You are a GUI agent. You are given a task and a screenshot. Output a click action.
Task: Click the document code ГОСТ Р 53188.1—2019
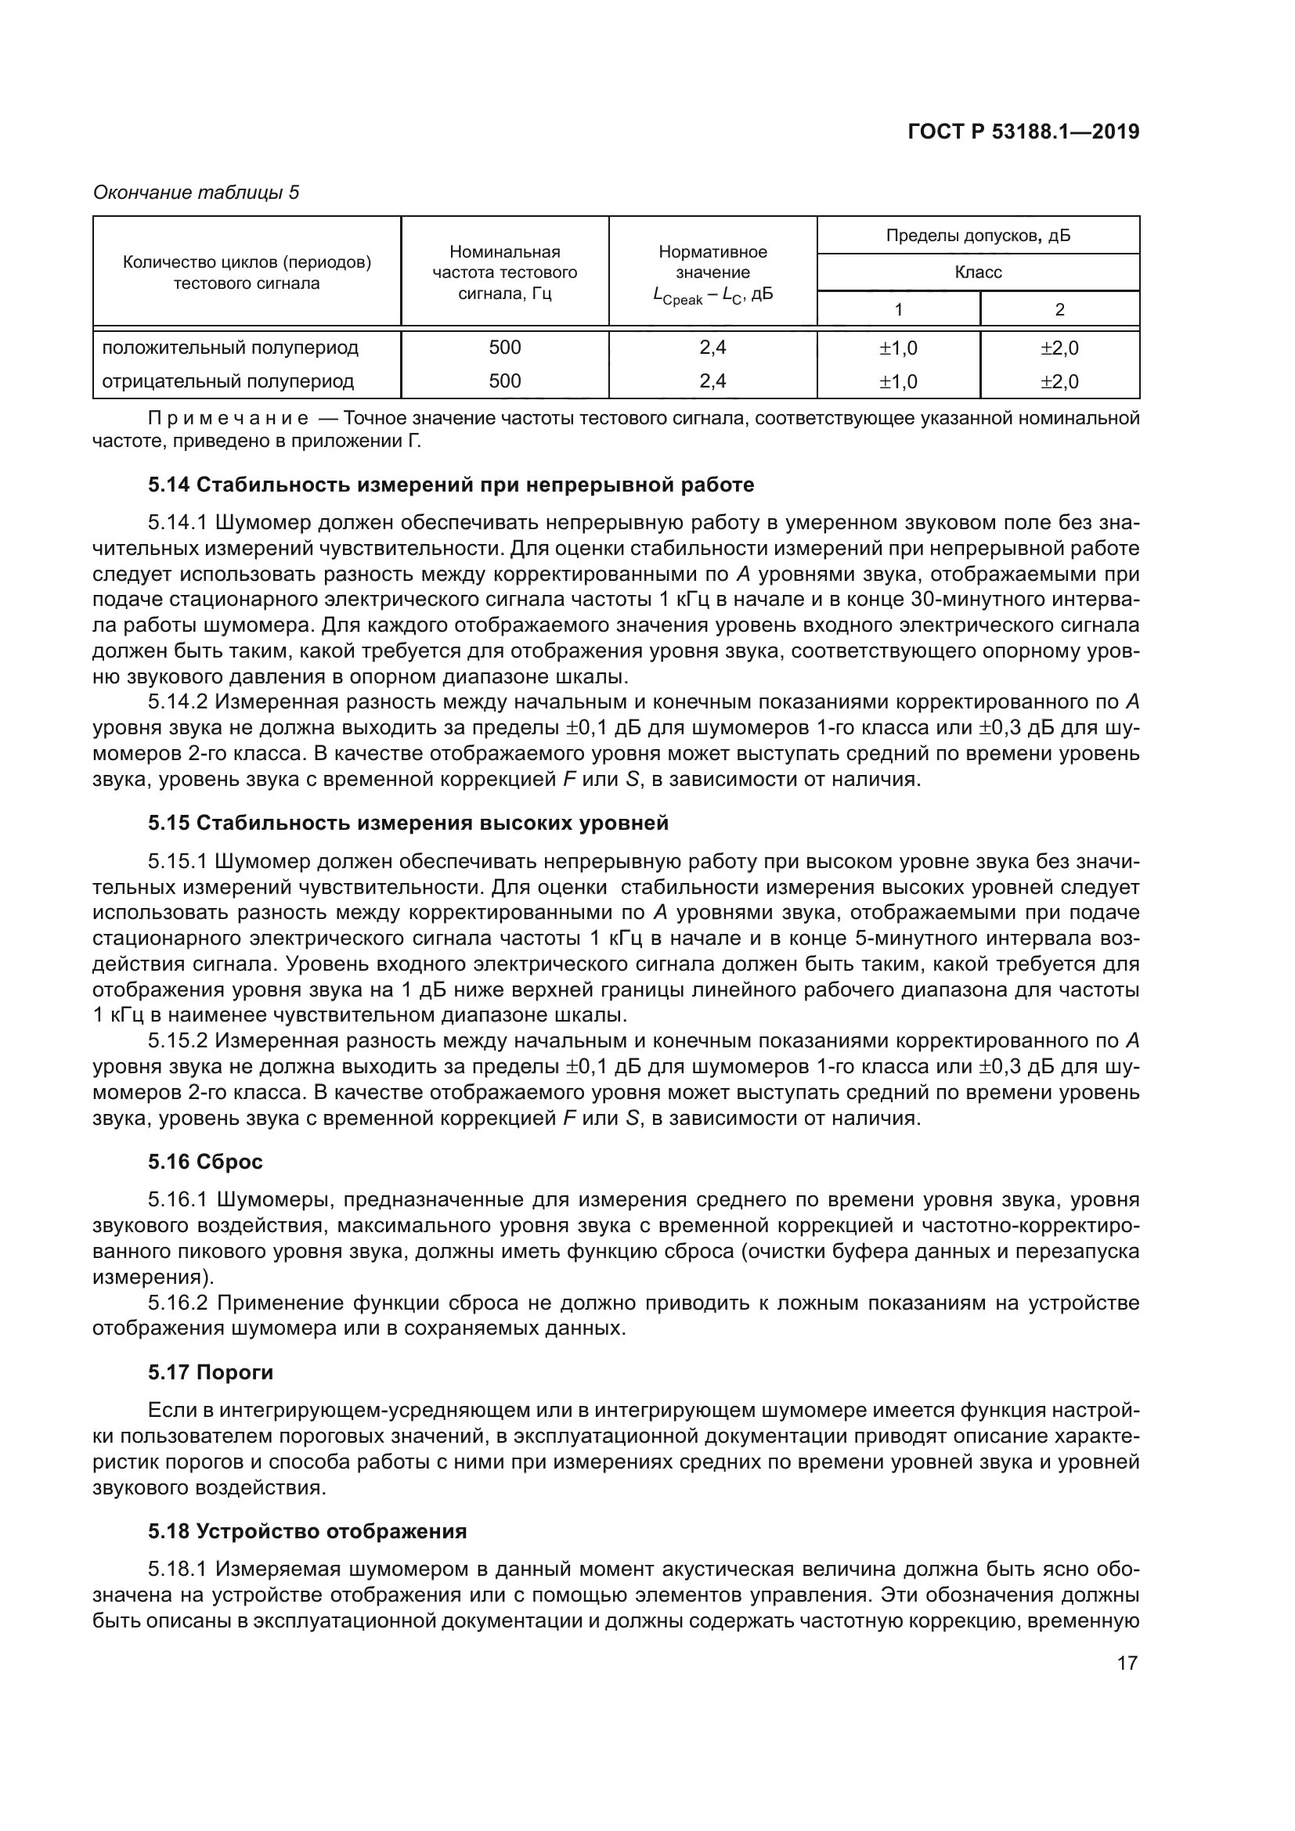pos(1023,132)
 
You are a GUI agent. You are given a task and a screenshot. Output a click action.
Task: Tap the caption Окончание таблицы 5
pos(197,193)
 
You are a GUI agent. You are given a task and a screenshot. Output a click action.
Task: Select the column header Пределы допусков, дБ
pos(978,236)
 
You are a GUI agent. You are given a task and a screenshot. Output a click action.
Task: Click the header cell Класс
pos(978,272)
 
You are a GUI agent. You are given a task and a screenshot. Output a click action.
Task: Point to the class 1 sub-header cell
pos(898,309)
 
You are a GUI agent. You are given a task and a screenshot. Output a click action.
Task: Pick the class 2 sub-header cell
pos(1059,309)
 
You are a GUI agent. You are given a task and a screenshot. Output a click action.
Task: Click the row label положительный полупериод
pos(229,348)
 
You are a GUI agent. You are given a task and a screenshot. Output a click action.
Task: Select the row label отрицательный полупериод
pos(227,381)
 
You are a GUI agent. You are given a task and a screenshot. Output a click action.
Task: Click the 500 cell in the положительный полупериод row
pos(505,348)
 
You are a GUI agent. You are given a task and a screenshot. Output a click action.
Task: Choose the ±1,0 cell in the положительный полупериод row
pos(898,348)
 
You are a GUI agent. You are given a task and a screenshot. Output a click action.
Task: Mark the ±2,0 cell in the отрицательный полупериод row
pos(1059,382)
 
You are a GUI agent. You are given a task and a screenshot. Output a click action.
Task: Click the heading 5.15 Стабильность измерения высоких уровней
pos(407,823)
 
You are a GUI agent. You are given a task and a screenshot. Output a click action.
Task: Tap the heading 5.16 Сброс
pos(205,1162)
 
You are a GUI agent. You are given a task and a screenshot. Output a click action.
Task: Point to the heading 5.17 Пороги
pos(211,1372)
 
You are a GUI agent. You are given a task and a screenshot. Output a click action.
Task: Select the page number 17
pos(1127,1663)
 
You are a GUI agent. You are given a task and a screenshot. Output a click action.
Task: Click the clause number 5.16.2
pos(177,1303)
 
